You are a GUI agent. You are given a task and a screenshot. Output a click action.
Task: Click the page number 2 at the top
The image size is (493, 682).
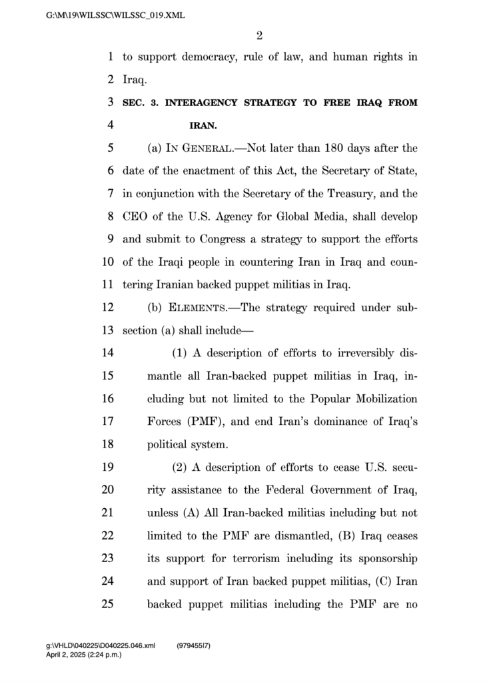pos(259,35)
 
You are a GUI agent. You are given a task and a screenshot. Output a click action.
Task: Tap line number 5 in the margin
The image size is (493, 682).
pos(111,148)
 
